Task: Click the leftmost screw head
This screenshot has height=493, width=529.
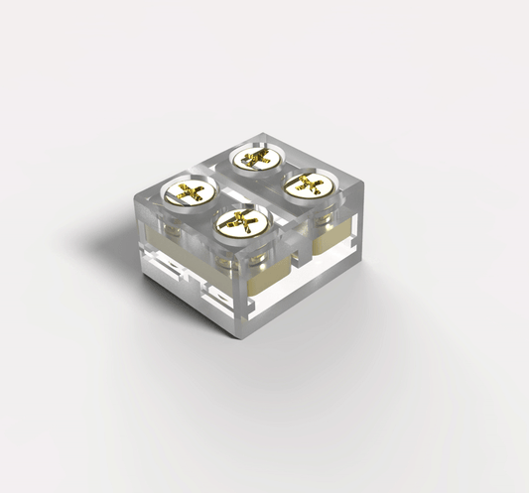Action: tap(189, 192)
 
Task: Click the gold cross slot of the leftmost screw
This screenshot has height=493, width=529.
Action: tap(189, 191)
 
